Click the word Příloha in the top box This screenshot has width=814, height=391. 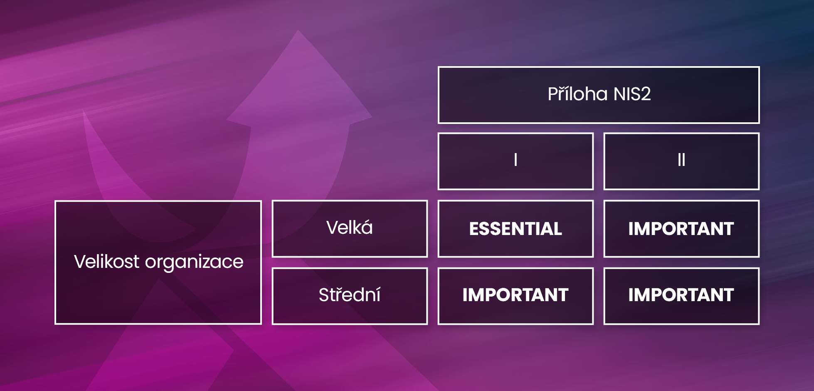pos(577,94)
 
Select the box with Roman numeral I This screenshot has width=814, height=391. pos(516,161)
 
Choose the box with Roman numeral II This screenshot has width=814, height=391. pos(681,161)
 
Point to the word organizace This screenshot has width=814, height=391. pos(194,263)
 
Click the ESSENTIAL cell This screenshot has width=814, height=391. pos(516,229)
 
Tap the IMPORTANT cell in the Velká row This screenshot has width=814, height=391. pos(681,229)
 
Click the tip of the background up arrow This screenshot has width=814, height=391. pos(298,30)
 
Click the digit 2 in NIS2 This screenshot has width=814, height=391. pos(645,94)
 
